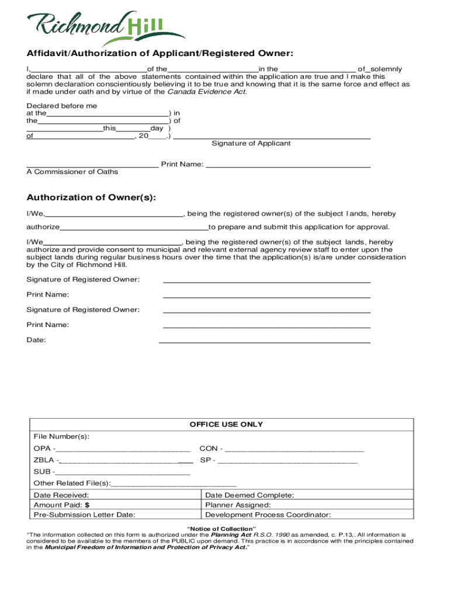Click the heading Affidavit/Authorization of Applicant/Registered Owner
click(x=160, y=54)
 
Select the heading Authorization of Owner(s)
click(x=91, y=197)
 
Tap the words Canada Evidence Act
click(x=207, y=92)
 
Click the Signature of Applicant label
click(x=251, y=143)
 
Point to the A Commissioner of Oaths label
click(x=72, y=172)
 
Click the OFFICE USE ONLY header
click(x=226, y=425)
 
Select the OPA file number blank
click(x=124, y=449)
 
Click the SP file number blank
click(x=287, y=460)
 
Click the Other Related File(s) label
click(x=72, y=483)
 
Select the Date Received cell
click(x=61, y=495)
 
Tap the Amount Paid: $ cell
click(x=61, y=505)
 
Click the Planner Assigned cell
click(x=238, y=505)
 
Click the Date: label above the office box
click(x=36, y=340)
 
